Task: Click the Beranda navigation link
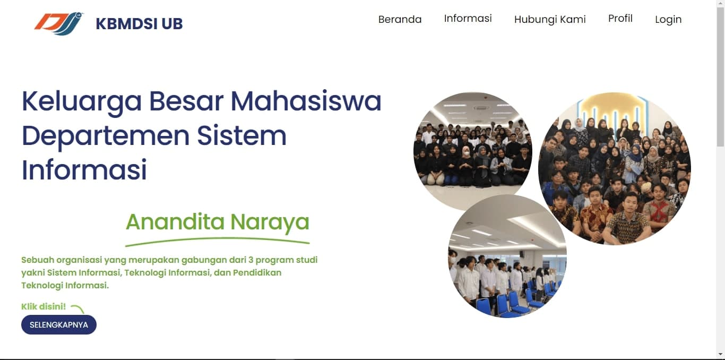pyautogui.click(x=400, y=20)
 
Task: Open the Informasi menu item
pyautogui.click(x=468, y=19)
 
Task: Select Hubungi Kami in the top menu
pyautogui.click(x=550, y=20)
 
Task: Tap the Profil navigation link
pyautogui.click(x=620, y=19)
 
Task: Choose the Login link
pyautogui.click(x=668, y=20)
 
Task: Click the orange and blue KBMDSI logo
pyautogui.click(x=59, y=23)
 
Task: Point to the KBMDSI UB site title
pyautogui.click(x=139, y=24)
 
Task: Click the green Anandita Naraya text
pyautogui.click(x=217, y=221)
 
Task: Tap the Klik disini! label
pyautogui.click(x=44, y=306)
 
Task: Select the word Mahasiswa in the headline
pyautogui.click(x=306, y=101)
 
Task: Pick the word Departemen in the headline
pyautogui.click(x=105, y=136)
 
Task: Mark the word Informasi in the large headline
pyautogui.click(x=84, y=170)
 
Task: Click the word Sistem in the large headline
pyautogui.click(x=241, y=136)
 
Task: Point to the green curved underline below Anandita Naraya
pyautogui.click(x=217, y=242)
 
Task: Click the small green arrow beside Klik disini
pyautogui.click(x=77, y=308)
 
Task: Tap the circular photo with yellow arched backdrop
pyautogui.click(x=614, y=168)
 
